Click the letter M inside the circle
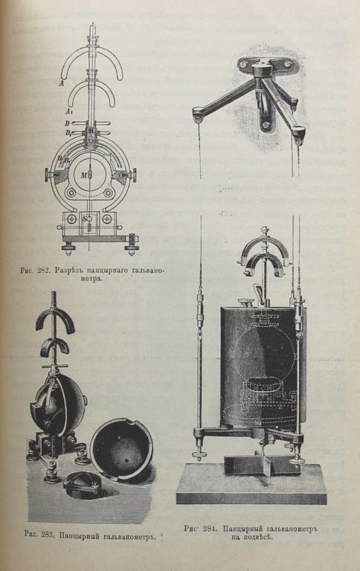pyautogui.click(x=83, y=175)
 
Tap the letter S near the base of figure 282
pyautogui.click(x=85, y=219)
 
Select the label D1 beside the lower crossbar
pyautogui.click(x=68, y=132)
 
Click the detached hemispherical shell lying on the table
pyautogui.click(x=121, y=450)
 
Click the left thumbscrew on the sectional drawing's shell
pyautogui.click(x=49, y=175)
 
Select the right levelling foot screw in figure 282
pyautogui.click(x=132, y=242)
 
